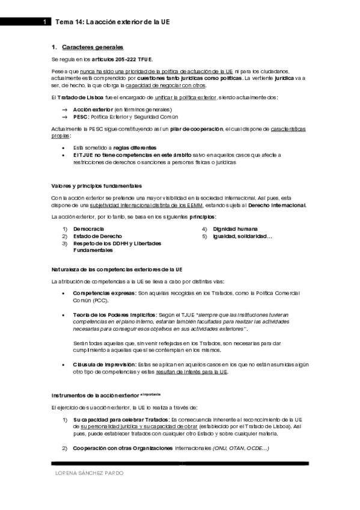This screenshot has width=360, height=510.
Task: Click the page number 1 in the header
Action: [44, 22]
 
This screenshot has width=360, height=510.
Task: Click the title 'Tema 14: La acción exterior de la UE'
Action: [112, 22]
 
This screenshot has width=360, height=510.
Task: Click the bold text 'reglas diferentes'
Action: [136, 147]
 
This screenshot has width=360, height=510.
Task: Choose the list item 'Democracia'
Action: [88, 229]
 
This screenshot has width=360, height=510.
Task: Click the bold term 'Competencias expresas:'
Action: [104, 293]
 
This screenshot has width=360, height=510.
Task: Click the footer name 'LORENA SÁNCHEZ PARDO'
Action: [90, 473]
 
